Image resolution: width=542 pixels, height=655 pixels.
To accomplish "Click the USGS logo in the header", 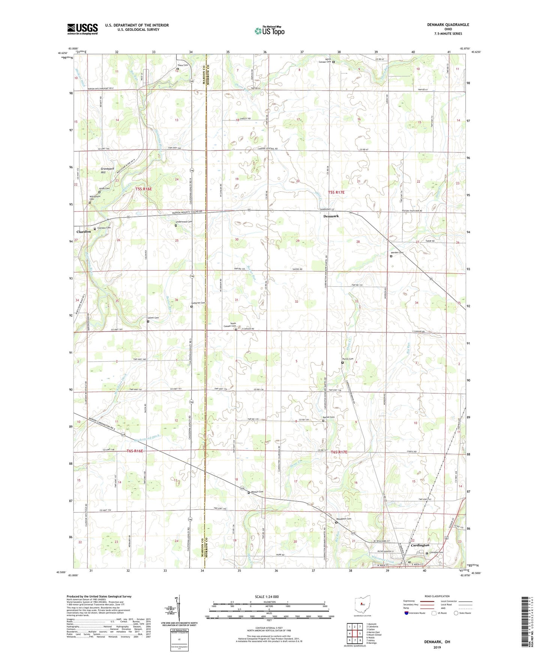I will (x=82, y=29).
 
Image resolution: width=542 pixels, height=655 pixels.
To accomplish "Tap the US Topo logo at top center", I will (x=269, y=31).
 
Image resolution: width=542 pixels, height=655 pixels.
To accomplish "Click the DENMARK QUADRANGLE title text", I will (x=447, y=25).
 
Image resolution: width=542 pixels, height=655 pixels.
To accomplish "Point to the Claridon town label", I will (x=84, y=232).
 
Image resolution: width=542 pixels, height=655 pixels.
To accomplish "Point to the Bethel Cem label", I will (x=329, y=417).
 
